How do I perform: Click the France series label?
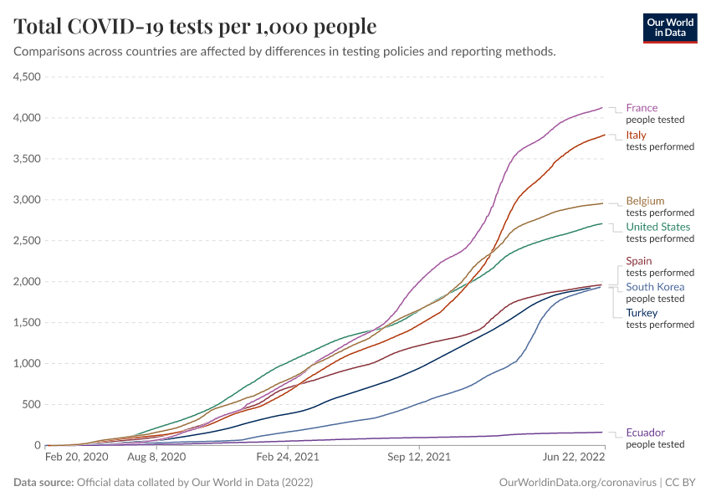tap(642, 108)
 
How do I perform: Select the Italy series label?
tap(636, 136)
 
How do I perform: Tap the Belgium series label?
tap(645, 201)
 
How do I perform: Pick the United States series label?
tap(658, 227)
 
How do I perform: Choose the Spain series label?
tap(639, 261)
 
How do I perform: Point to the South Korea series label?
tap(655, 287)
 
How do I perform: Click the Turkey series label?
tap(642, 313)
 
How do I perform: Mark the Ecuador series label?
tap(646, 433)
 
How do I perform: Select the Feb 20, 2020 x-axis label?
tap(76, 458)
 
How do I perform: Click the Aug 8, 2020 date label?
tap(155, 458)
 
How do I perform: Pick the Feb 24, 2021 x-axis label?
tap(287, 458)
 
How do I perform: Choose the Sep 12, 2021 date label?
tap(418, 458)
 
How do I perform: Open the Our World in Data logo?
tap(669, 27)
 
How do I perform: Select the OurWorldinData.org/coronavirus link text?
tap(575, 483)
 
